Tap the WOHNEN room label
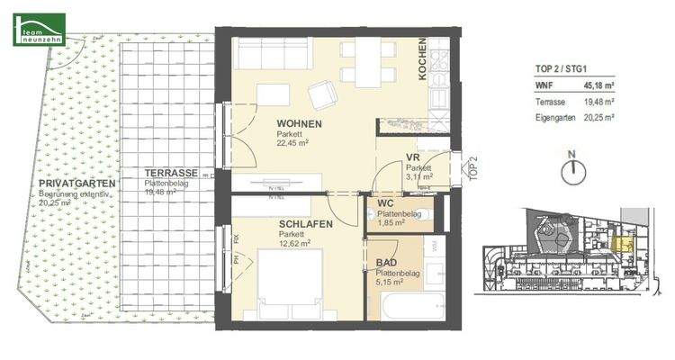[299, 124]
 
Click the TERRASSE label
[171, 173]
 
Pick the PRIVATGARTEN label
[76, 184]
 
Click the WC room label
[386, 203]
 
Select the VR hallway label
[413, 157]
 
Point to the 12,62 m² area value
[295, 243]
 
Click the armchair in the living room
[321, 94]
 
